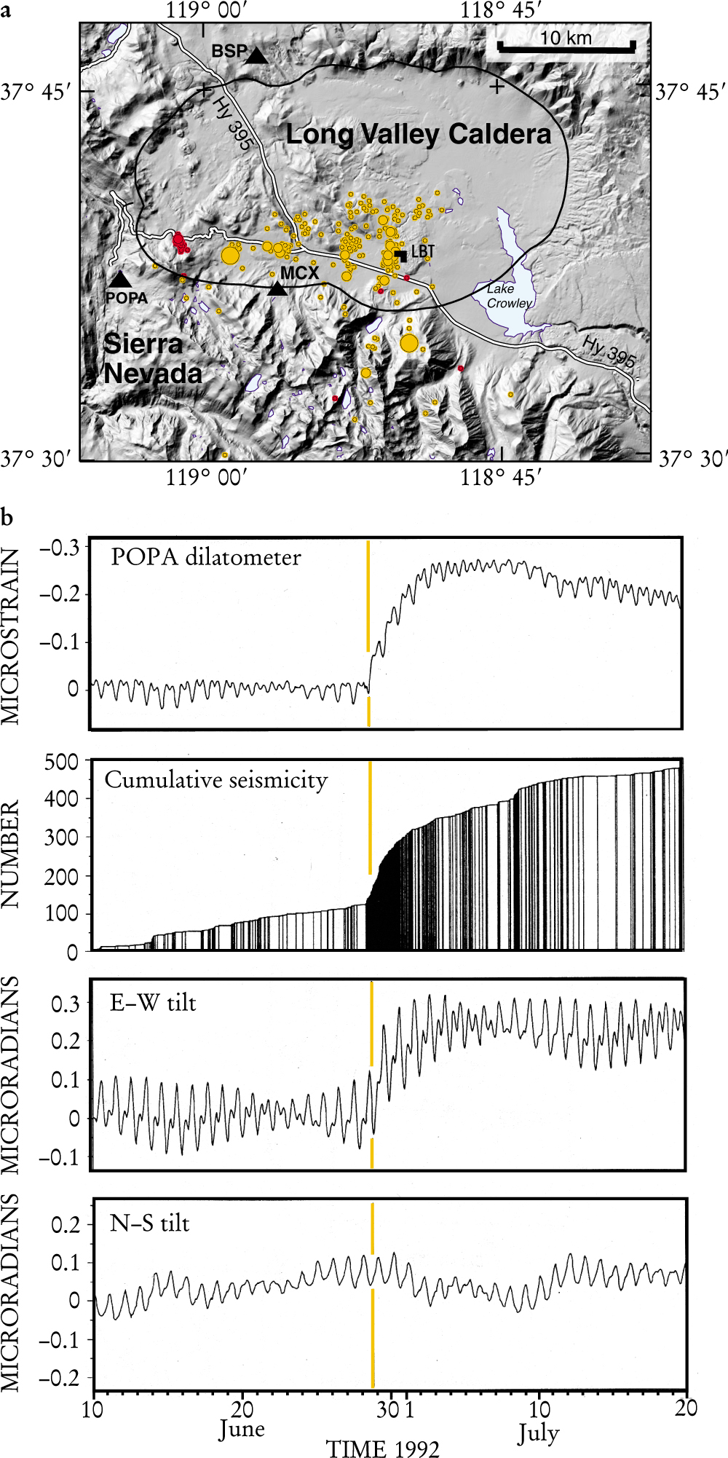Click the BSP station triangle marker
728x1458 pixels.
pos(256,55)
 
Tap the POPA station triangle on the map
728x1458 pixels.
pos(120,279)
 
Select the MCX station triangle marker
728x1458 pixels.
pos(277,288)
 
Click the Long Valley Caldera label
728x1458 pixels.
pos(419,134)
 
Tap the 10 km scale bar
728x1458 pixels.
pos(566,46)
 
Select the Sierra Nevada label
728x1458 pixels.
pos(153,358)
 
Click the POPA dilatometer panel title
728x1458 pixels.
pos(206,557)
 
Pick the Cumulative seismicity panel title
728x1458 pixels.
pos(216,780)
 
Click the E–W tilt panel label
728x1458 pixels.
pos(154,1003)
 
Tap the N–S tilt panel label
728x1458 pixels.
pos(150,1223)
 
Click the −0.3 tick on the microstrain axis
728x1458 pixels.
pos(60,547)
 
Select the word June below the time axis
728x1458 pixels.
pos(242,1429)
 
